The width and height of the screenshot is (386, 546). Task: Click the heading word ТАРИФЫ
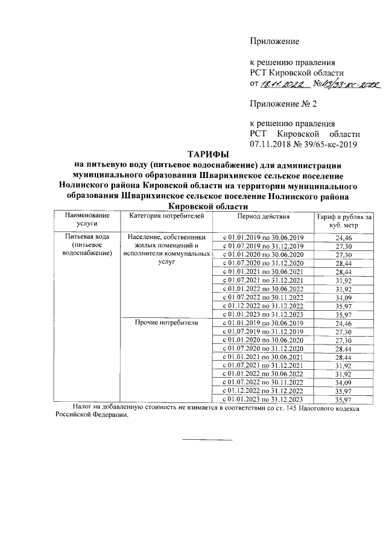(206, 155)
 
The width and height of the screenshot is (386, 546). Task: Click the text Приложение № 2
(283, 104)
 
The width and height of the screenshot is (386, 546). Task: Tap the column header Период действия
(263, 215)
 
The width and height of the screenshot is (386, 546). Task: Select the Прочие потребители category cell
(166, 323)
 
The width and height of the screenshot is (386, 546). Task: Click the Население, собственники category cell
(166, 237)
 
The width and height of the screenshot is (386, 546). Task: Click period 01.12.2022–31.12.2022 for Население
(263, 305)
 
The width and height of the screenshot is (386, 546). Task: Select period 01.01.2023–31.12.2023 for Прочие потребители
(263, 399)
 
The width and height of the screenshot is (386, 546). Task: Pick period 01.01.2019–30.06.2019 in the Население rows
(263, 238)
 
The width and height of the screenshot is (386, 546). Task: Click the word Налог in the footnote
(82, 408)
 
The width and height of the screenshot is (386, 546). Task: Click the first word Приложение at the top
(274, 42)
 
